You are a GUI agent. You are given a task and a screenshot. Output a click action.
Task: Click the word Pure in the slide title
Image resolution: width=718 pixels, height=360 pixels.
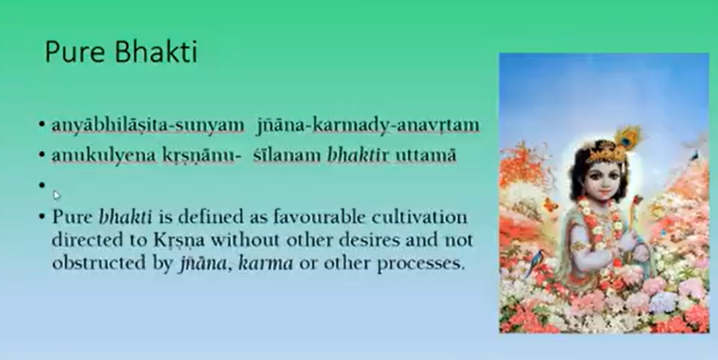click(x=76, y=52)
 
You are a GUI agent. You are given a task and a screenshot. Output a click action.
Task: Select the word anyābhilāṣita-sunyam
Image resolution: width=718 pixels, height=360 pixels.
click(x=148, y=126)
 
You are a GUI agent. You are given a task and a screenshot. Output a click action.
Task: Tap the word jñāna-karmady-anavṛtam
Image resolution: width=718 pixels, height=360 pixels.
click(x=368, y=126)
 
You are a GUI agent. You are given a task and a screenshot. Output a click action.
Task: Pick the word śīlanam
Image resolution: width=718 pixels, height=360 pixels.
click(x=287, y=156)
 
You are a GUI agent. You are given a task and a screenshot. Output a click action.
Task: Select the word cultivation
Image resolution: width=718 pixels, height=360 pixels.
click(x=420, y=216)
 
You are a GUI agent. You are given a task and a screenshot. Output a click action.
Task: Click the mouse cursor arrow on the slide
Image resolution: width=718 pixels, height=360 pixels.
click(x=56, y=195)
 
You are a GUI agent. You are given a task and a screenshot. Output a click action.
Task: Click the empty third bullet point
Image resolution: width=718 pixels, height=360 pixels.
click(x=42, y=185)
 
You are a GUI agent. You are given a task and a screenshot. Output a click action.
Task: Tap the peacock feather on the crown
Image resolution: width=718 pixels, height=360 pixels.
click(x=628, y=137)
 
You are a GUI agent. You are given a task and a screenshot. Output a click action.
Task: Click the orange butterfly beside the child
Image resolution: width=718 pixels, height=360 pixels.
click(x=550, y=204)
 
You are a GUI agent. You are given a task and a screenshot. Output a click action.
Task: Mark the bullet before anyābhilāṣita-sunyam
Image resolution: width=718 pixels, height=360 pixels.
click(x=42, y=125)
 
